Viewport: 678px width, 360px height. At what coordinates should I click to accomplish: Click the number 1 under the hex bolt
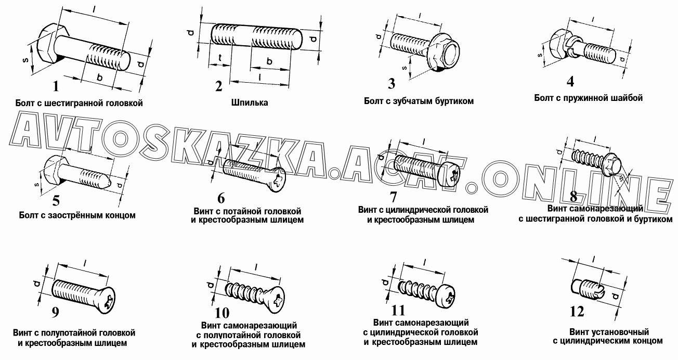(56, 86)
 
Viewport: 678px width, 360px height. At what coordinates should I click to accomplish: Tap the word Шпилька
(250, 102)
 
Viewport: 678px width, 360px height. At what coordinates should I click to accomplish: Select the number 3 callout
(392, 84)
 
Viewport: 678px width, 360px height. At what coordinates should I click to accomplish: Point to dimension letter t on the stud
(220, 58)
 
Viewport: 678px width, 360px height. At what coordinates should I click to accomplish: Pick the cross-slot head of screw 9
(107, 300)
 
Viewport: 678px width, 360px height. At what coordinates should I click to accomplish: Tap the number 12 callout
(577, 312)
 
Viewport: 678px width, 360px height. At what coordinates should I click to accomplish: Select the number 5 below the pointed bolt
(56, 200)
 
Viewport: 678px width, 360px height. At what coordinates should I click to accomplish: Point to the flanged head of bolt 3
(445, 53)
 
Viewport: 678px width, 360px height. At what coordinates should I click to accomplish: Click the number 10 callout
(222, 313)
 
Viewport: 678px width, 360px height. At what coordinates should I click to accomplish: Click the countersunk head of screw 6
(277, 179)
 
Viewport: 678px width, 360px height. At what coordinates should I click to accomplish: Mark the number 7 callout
(393, 197)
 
